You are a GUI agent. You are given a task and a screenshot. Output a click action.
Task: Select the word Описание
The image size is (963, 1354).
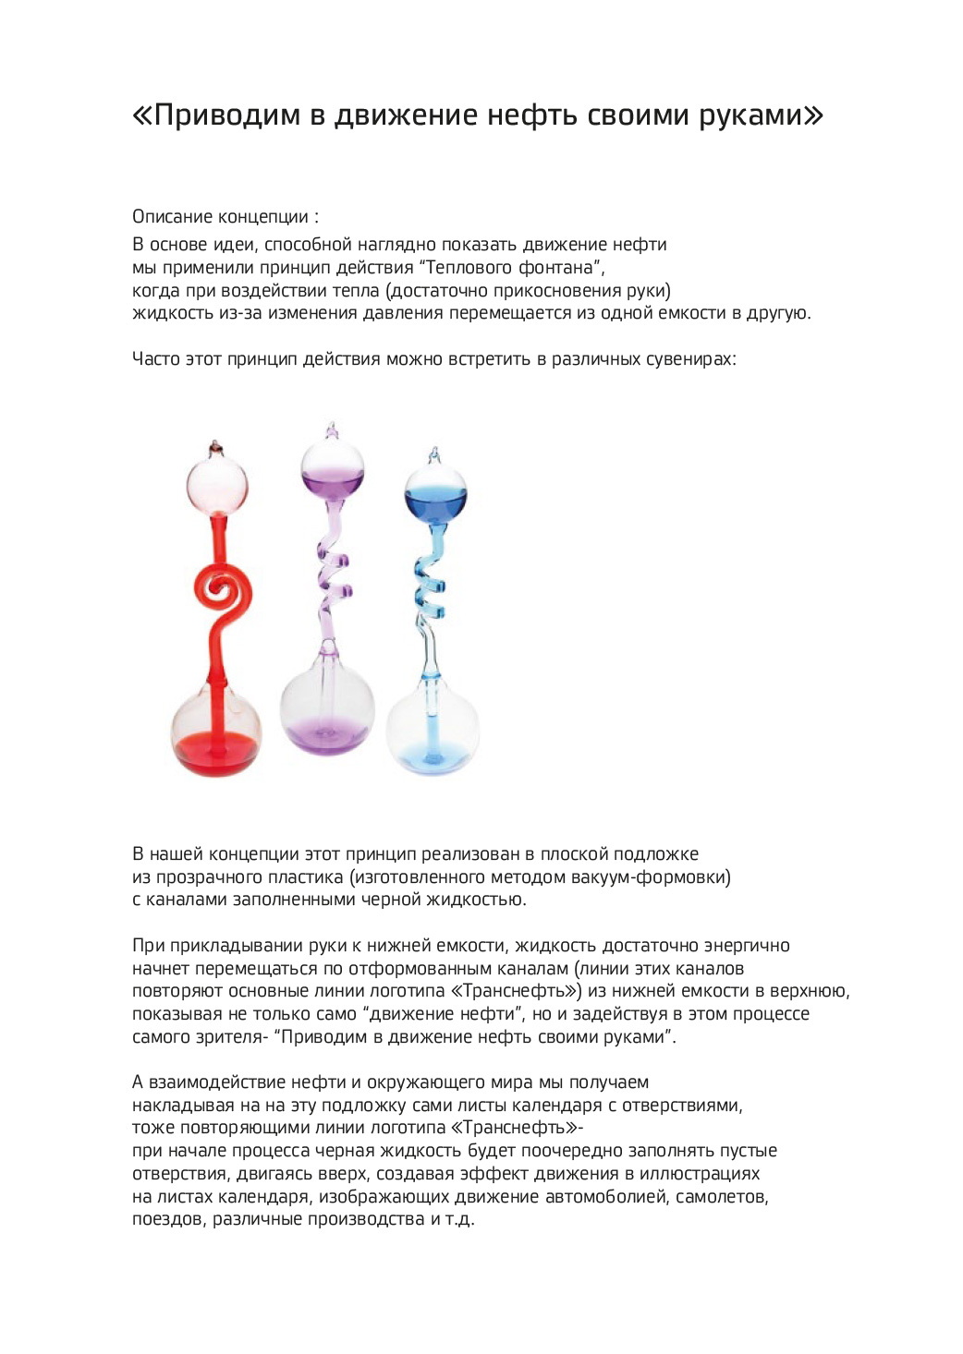click(x=173, y=217)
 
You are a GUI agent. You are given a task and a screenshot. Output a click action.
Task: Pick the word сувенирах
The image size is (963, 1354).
click(x=688, y=358)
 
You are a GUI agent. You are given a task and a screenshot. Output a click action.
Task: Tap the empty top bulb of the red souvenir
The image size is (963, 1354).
click(x=217, y=484)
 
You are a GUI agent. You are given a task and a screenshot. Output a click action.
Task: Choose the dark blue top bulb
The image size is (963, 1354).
click(x=435, y=494)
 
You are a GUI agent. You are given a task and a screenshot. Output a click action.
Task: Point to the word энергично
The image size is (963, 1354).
click(x=747, y=946)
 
